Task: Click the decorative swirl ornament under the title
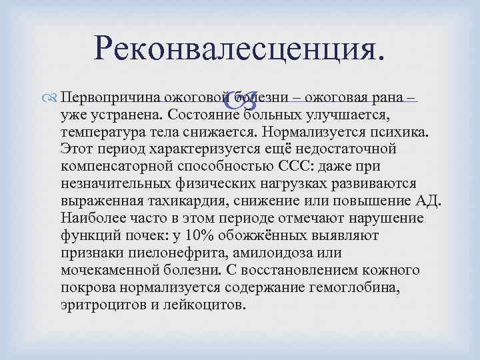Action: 239,100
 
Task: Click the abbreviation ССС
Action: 325,165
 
